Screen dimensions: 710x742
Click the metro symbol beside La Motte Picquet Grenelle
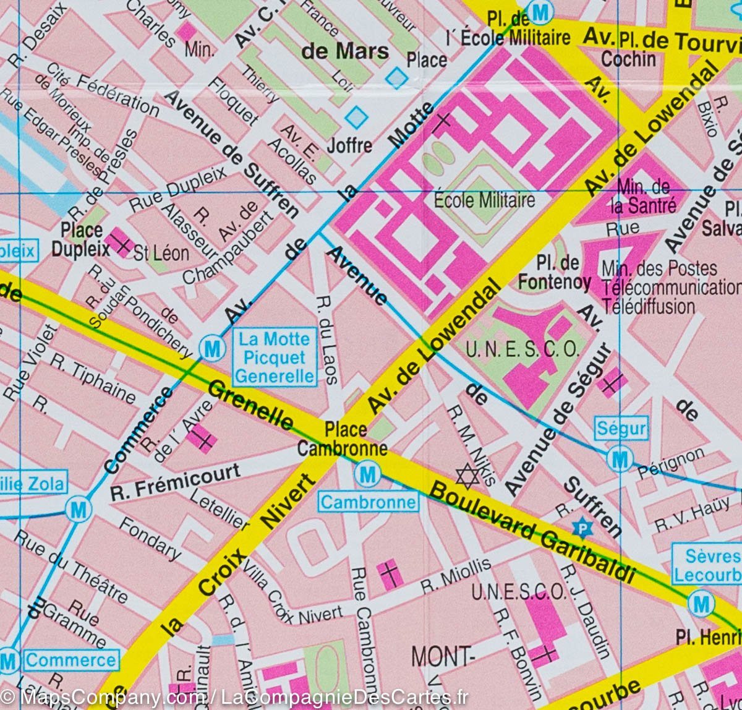point(212,349)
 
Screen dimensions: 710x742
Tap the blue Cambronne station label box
point(368,502)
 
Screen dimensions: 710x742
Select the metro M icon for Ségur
point(619,460)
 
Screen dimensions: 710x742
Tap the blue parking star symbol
point(581,528)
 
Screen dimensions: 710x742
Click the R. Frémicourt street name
point(175,482)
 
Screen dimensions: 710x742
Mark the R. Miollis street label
point(456,575)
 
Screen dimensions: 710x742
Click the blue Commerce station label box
point(70,660)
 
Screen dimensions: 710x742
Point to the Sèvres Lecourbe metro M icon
point(701,604)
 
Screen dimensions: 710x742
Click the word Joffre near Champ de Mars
point(349,146)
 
